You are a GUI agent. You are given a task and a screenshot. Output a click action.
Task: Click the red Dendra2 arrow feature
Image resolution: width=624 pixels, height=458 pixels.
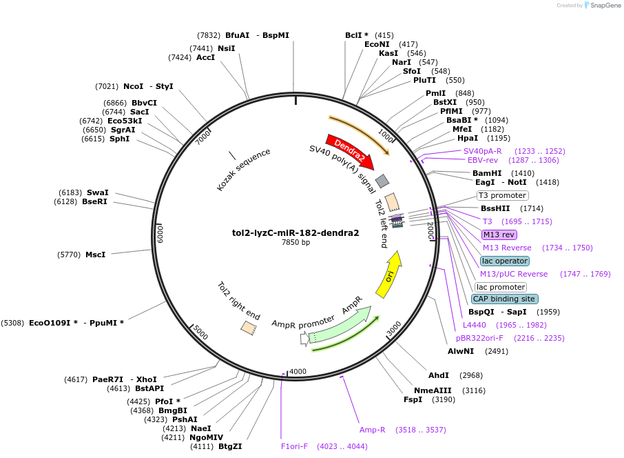tap(349, 151)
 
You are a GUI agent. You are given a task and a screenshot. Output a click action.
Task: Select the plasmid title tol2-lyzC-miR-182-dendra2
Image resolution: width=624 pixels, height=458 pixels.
tap(295, 232)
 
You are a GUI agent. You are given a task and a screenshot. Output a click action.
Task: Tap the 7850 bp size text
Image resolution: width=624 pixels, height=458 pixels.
tap(295, 242)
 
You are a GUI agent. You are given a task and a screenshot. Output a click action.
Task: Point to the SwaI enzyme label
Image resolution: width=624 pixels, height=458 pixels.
tap(97, 192)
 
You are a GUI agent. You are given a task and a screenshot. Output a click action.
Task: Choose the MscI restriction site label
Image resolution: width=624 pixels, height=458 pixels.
tap(95, 255)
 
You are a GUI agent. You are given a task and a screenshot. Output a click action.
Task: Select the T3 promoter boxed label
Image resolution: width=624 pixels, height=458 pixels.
tap(502, 196)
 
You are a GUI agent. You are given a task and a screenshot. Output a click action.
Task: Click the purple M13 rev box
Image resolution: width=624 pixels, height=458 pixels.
tap(499, 235)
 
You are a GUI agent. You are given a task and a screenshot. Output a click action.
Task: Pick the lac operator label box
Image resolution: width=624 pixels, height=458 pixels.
tap(505, 261)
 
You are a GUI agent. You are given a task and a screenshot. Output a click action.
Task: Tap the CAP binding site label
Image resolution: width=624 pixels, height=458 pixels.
tap(504, 299)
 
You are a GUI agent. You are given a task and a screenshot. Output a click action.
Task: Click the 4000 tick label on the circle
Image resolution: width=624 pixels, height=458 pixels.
tap(298, 372)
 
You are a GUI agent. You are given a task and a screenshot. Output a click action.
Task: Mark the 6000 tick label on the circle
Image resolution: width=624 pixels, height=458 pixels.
tap(160, 233)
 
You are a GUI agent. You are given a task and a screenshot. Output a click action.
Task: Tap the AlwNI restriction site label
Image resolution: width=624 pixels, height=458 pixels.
tap(461, 351)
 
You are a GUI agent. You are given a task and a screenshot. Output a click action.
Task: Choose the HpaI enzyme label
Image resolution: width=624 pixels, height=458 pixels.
tap(468, 138)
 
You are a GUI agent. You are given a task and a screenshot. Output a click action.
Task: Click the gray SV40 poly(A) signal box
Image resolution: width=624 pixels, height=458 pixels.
tap(382, 181)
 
